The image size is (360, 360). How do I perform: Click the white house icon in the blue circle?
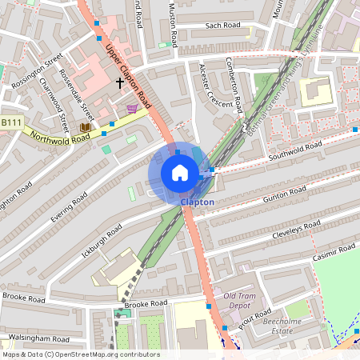pos(180,173)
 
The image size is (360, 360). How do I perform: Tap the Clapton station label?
pos(197,202)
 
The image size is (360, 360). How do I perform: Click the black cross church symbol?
pos(121,82)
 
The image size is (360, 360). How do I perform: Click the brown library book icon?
pos(85,127)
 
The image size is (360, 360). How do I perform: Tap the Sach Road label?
pos(222,26)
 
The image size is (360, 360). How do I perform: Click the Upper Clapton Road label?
pos(129,77)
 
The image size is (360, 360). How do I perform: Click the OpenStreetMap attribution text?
pos(81,354)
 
